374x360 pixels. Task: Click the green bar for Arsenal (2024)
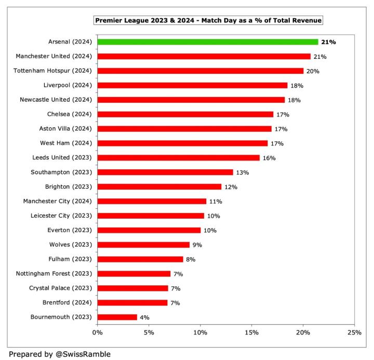(x=208, y=42)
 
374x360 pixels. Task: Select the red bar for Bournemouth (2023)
(x=117, y=317)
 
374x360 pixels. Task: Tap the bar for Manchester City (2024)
(x=152, y=201)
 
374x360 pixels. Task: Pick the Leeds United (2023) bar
(x=178, y=157)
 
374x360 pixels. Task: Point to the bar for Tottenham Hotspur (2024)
(x=201, y=71)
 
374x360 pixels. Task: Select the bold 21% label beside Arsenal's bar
(x=328, y=42)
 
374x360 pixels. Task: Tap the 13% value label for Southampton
(x=242, y=172)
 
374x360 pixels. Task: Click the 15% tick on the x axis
(x=251, y=332)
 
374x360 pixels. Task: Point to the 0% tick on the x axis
(x=97, y=332)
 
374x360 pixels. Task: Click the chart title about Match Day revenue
(x=208, y=20)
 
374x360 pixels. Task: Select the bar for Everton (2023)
(x=149, y=230)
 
